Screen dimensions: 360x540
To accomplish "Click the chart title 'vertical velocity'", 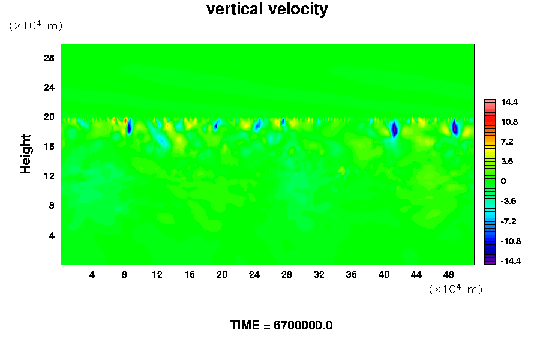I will click(267, 10).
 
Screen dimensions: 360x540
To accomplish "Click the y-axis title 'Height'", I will click(26, 161).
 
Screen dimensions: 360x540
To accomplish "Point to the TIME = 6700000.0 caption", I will click(281, 326).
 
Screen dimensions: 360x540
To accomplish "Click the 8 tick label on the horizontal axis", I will click(124, 275).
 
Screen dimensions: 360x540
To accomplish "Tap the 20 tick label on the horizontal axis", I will click(221, 275).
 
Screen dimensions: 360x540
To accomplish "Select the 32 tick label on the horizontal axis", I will click(319, 275).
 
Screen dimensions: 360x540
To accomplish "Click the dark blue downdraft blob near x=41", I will click(394, 129).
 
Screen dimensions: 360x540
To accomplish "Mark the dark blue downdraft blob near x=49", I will click(455, 127).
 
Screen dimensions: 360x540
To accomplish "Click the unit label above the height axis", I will click(35, 26).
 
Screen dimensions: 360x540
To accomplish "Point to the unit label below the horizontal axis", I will click(455, 289).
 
